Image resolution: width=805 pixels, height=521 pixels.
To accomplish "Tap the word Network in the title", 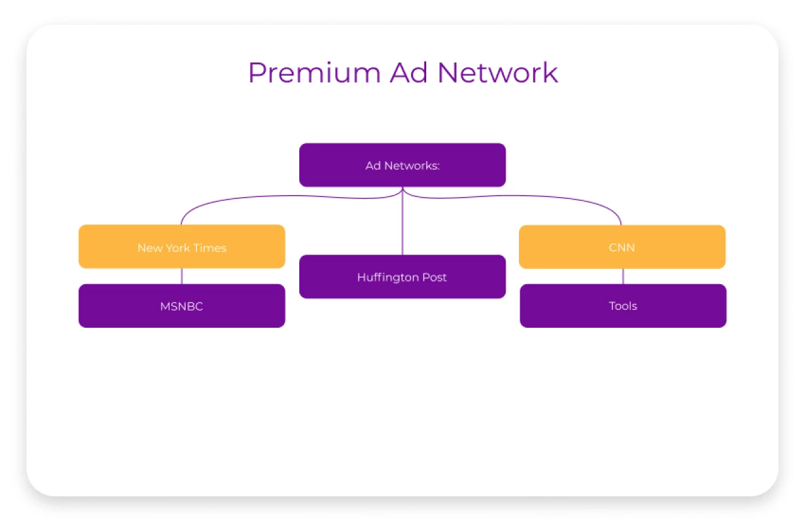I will click(x=498, y=73).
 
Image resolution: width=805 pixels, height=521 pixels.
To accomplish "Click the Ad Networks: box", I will click(x=402, y=165).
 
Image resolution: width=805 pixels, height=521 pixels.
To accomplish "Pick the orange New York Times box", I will click(x=182, y=247).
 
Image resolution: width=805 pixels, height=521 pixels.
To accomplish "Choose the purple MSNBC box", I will click(x=182, y=306).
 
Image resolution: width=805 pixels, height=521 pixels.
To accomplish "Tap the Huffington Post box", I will click(x=402, y=277).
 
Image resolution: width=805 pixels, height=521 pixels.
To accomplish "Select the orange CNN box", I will click(x=622, y=247).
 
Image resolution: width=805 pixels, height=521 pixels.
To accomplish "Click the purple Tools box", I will click(x=623, y=306).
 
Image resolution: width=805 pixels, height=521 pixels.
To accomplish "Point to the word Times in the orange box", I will click(x=210, y=248).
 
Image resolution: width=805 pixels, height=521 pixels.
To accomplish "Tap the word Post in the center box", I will click(x=434, y=277).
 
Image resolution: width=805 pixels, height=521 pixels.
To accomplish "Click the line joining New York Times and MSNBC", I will click(x=182, y=276).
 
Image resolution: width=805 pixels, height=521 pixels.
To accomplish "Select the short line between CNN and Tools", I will click(x=623, y=276).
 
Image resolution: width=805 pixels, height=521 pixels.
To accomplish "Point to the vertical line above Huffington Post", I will click(x=402, y=227).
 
